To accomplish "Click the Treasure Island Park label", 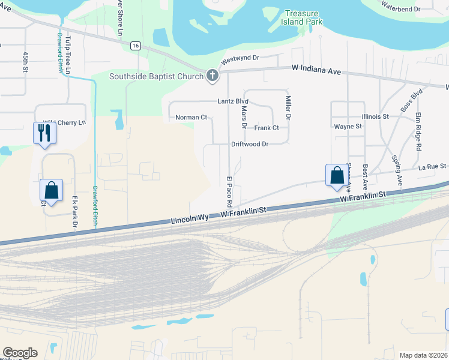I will pos(303,17).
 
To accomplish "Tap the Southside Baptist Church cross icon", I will pos(212,76).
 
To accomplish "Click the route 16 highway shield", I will pos(136,46).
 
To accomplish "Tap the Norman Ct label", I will pos(191,118).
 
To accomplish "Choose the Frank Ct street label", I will pos(267,128).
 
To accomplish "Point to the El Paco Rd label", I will pos(229,192).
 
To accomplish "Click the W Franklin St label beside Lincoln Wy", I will pos(243,212).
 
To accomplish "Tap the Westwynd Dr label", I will pos(240,58).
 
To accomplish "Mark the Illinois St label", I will pos(376,116).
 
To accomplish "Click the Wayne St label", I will pos(348,127).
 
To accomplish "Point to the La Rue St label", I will pos(432,166).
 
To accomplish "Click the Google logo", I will pos(20,353).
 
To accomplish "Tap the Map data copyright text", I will pos(424,355).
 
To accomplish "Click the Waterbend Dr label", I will pos(418,9).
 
